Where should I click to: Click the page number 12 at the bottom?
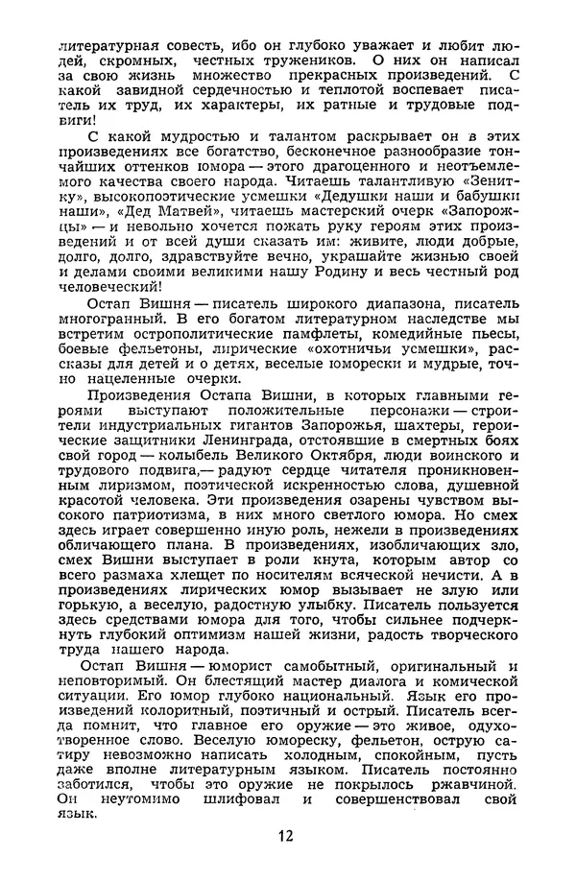pos(285,835)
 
